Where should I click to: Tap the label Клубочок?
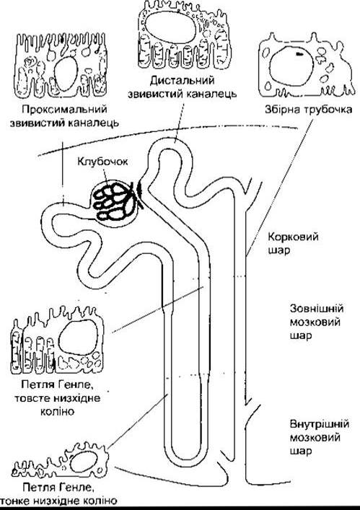pyautogui.click(x=102, y=162)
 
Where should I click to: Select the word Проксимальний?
pyautogui.click(x=64, y=109)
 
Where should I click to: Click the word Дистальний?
pyautogui.click(x=183, y=79)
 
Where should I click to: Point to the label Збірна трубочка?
pyautogui.click(x=308, y=109)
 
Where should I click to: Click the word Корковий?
pyautogui.click(x=293, y=237)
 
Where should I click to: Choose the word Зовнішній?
pyautogui.click(x=317, y=308)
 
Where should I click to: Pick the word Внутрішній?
pyautogui.click(x=320, y=424)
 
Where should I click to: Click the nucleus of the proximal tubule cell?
pyautogui.click(x=66, y=74)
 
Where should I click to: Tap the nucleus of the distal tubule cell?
pyautogui.click(x=170, y=27)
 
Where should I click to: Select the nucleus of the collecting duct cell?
pyautogui.click(x=291, y=64)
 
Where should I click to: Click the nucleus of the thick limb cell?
pyautogui.click(x=78, y=338)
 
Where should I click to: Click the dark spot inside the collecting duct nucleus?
pyautogui.click(x=299, y=53)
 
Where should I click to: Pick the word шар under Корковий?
pyautogui.click(x=279, y=251)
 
